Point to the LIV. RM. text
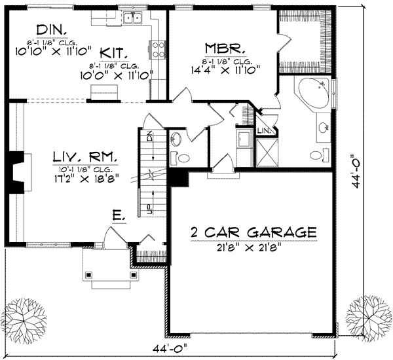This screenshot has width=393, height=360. pos(85,158)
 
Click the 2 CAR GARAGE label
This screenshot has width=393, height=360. pos(253,232)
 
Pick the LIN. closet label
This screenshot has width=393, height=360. pos(263,131)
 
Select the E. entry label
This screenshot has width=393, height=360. pos(117,214)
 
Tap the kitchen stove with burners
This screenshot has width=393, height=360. pos(158,48)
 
